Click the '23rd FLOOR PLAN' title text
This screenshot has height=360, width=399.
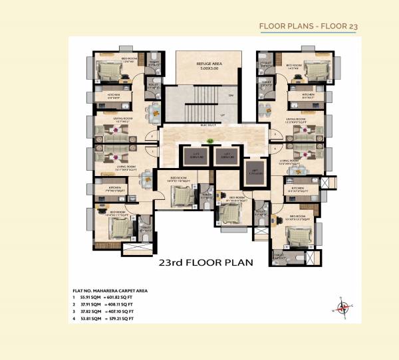coord(206,262)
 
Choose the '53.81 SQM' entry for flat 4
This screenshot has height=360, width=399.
coord(91,319)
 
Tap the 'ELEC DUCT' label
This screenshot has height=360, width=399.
coord(207,124)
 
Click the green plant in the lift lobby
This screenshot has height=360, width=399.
coord(209,140)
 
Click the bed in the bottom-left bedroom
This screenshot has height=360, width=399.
coord(120,230)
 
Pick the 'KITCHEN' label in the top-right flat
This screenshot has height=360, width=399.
coord(308,94)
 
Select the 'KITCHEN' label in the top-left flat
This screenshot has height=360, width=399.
coord(114,94)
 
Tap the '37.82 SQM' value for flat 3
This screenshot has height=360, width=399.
coord(91,312)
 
